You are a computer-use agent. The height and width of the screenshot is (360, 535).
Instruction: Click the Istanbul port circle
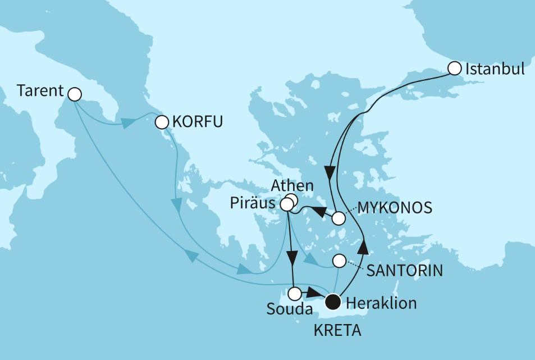(x=454, y=69)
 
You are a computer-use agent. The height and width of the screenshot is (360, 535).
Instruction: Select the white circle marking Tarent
(x=74, y=94)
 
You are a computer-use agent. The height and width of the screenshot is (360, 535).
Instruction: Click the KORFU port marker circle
(x=162, y=122)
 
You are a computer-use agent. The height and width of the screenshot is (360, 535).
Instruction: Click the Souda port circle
(x=295, y=293)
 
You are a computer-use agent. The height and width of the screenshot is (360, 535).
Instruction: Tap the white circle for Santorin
(x=339, y=261)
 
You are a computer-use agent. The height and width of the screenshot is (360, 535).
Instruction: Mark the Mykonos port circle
(x=339, y=218)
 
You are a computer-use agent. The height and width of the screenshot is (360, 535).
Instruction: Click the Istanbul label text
(x=496, y=69)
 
